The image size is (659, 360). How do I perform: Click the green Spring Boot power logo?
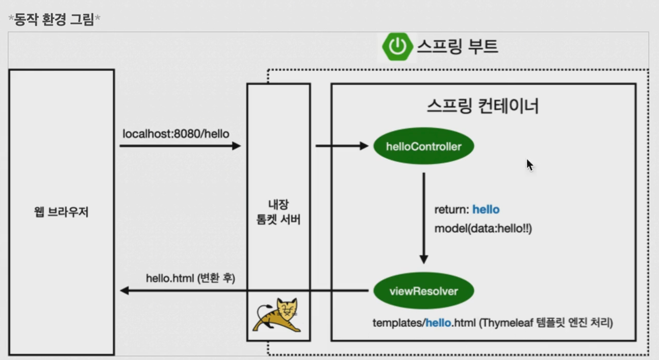397,46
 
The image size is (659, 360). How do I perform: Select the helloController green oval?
423,146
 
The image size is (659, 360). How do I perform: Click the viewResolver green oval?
423,291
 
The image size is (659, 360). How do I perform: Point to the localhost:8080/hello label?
176,134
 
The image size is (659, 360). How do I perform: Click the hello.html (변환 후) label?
190,278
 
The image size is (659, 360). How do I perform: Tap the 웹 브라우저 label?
61,212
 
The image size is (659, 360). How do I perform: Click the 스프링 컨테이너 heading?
483,107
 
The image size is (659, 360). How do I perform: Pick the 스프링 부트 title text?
457,46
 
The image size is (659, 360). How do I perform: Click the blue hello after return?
486,210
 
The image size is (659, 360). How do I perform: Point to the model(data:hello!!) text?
483,228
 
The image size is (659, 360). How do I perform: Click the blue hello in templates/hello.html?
438,323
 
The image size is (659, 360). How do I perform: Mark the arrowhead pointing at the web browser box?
124,291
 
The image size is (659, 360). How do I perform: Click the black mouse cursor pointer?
529,165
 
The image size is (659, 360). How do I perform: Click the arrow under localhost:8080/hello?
180,146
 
